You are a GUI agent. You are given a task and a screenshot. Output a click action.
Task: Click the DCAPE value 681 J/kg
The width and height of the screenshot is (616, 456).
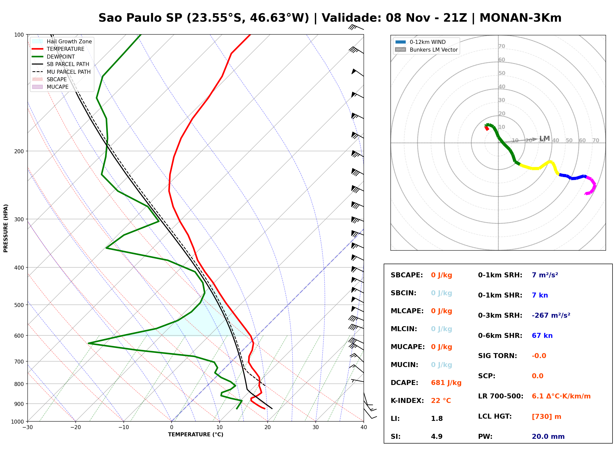[446, 383]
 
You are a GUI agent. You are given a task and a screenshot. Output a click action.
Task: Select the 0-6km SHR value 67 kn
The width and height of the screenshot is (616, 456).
[542, 336]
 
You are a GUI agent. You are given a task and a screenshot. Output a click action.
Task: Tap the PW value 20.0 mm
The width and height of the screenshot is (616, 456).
[548, 436]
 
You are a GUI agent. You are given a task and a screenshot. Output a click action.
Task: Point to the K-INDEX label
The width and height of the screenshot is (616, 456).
[407, 400]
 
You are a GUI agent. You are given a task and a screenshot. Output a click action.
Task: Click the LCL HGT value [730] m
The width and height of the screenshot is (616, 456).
[547, 417]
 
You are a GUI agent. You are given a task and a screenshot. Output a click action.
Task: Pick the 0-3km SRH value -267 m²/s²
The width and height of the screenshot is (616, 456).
[551, 315]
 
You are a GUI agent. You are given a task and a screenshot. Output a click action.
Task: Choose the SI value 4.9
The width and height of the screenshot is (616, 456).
[437, 436]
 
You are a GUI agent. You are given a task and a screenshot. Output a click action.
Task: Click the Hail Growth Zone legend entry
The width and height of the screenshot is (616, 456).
[62, 41]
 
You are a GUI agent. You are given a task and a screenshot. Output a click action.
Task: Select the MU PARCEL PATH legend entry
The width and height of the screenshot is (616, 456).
[62, 72]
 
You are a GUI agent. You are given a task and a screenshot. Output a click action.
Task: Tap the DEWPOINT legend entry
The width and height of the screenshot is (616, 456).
[54, 57]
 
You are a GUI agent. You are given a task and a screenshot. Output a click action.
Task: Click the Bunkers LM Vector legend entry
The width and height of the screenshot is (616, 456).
[426, 50]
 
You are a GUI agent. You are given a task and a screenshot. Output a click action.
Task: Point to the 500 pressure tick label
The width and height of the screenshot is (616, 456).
[19, 305]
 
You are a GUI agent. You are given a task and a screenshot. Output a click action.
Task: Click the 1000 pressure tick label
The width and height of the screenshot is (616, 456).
[17, 422]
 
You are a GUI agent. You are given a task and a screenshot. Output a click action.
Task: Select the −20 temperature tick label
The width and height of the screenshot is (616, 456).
[75, 427]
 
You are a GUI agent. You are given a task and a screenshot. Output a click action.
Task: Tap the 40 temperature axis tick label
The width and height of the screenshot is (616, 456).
[364, 427]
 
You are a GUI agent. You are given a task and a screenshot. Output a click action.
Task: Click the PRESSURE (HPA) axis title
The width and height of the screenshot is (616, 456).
[6, 228]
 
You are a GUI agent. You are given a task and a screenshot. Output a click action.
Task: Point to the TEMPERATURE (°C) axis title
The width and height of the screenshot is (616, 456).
[196, 435]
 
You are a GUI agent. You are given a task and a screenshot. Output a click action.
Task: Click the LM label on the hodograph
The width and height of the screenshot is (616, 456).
[545, 138]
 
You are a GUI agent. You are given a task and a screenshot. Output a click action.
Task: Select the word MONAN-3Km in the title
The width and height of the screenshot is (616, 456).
[521, 18]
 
